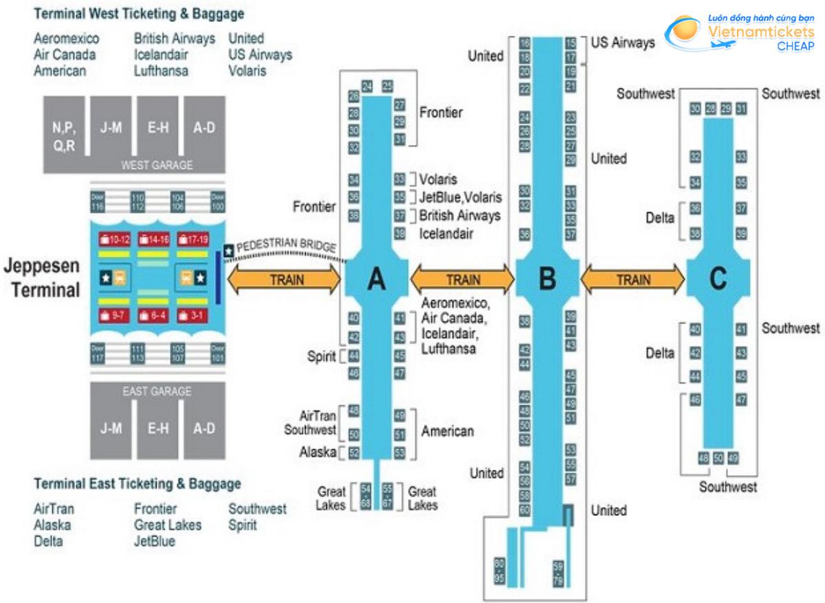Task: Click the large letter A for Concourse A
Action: (x=376, y=278)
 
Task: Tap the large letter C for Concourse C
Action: (x=718, y=278)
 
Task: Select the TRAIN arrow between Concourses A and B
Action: (x=463, y=279)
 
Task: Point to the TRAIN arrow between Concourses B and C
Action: (x=632, y=279)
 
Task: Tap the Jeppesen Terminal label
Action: (x=42, y=278)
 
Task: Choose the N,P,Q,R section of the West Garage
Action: (x=63, y=134)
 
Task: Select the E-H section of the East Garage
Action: (x=157, y=428)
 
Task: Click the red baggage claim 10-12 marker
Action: (x=114, y=239)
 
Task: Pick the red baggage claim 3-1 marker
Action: (x=192, y=315)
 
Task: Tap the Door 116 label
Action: (x=98, y=202)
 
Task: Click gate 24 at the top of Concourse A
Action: (x=367, y=86)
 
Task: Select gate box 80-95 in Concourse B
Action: (x=500, y=571)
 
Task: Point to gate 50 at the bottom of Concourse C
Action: (x=718, y=459)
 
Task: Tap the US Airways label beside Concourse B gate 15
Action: (x=623, y=43)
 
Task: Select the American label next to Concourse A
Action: (x=448, y=431)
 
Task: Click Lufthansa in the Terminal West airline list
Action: (x=161, y=71)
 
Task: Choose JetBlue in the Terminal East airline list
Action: (x=155, y=541)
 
